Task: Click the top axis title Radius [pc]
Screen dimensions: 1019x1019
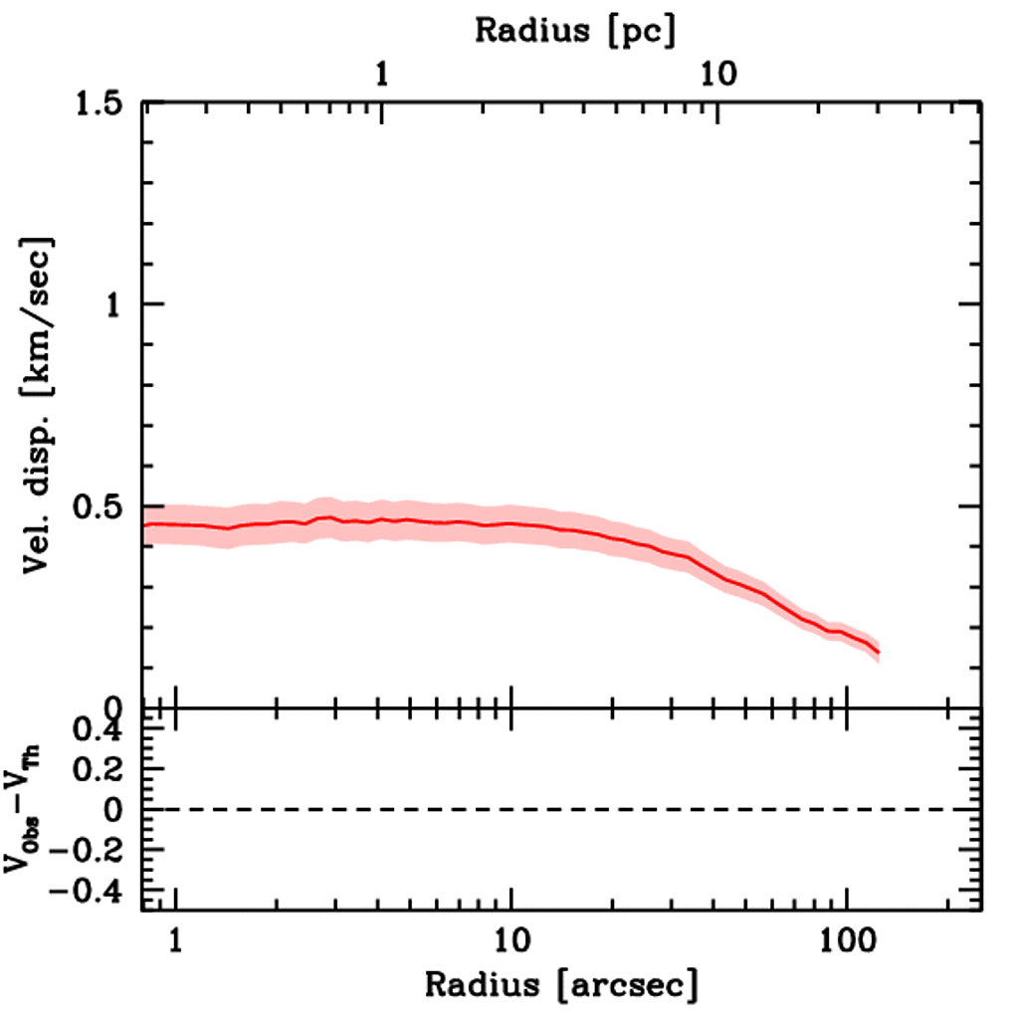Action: click(x=575, y=30)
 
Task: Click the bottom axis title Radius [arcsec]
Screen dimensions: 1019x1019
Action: click(x=561, y=986)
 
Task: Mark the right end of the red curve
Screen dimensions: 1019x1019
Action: click(x=879, y=653)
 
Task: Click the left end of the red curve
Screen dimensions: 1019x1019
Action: click(x=145, y=524)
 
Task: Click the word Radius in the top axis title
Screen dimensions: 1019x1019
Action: click(x=525, y=30)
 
